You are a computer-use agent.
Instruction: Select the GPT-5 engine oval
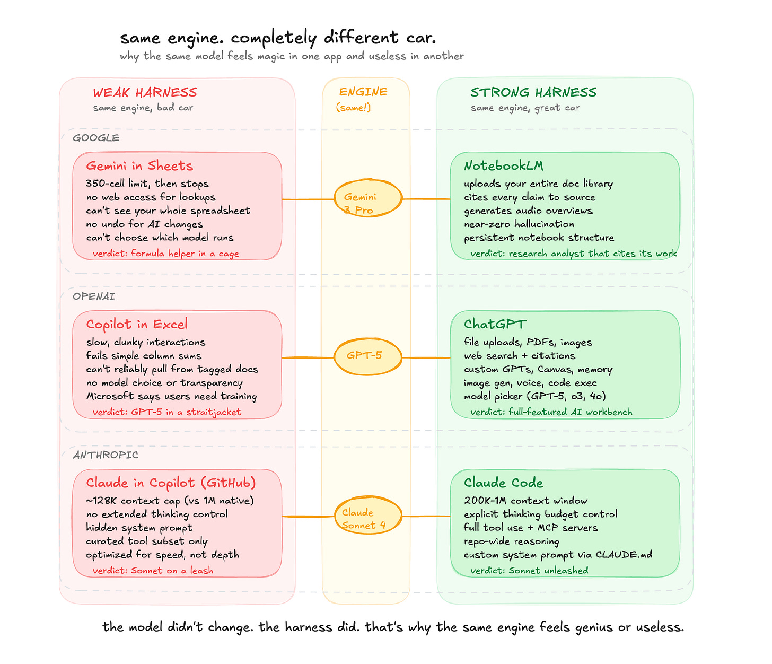click(367, 356)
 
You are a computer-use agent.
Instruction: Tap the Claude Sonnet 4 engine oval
click(367, 516)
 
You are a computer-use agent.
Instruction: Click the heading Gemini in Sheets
click(139, 166)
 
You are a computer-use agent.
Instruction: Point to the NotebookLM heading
click(504, 166)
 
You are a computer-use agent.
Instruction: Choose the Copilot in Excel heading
click(137, 325)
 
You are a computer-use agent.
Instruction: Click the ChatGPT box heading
click(495, 325)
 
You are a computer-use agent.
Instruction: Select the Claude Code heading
click(503, 483)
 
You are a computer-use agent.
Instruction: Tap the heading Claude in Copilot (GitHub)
click(171, 483)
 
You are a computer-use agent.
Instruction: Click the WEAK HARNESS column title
click(145, 93)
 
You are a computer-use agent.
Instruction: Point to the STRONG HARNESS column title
click(533, 93)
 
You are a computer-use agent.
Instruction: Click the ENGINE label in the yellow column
click(363, 92)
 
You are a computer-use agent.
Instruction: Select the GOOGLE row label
click(96, 138)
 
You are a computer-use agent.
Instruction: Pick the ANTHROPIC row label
click(106, 455)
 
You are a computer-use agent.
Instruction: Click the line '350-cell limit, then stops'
click(147, 184)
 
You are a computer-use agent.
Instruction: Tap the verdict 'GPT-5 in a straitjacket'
click(167, 412)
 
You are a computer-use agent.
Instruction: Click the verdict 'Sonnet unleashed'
click(529, 571)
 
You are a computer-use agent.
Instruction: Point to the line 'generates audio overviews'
click(528, 211)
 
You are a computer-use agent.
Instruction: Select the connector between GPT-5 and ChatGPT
click(426, 357)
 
